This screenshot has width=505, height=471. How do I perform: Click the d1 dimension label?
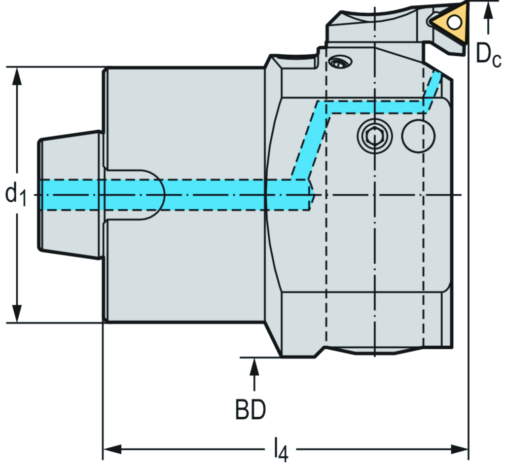pos(16,194)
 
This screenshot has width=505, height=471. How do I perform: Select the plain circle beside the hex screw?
pos(419,135)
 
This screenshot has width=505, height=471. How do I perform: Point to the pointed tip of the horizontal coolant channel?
pos(312,194)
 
